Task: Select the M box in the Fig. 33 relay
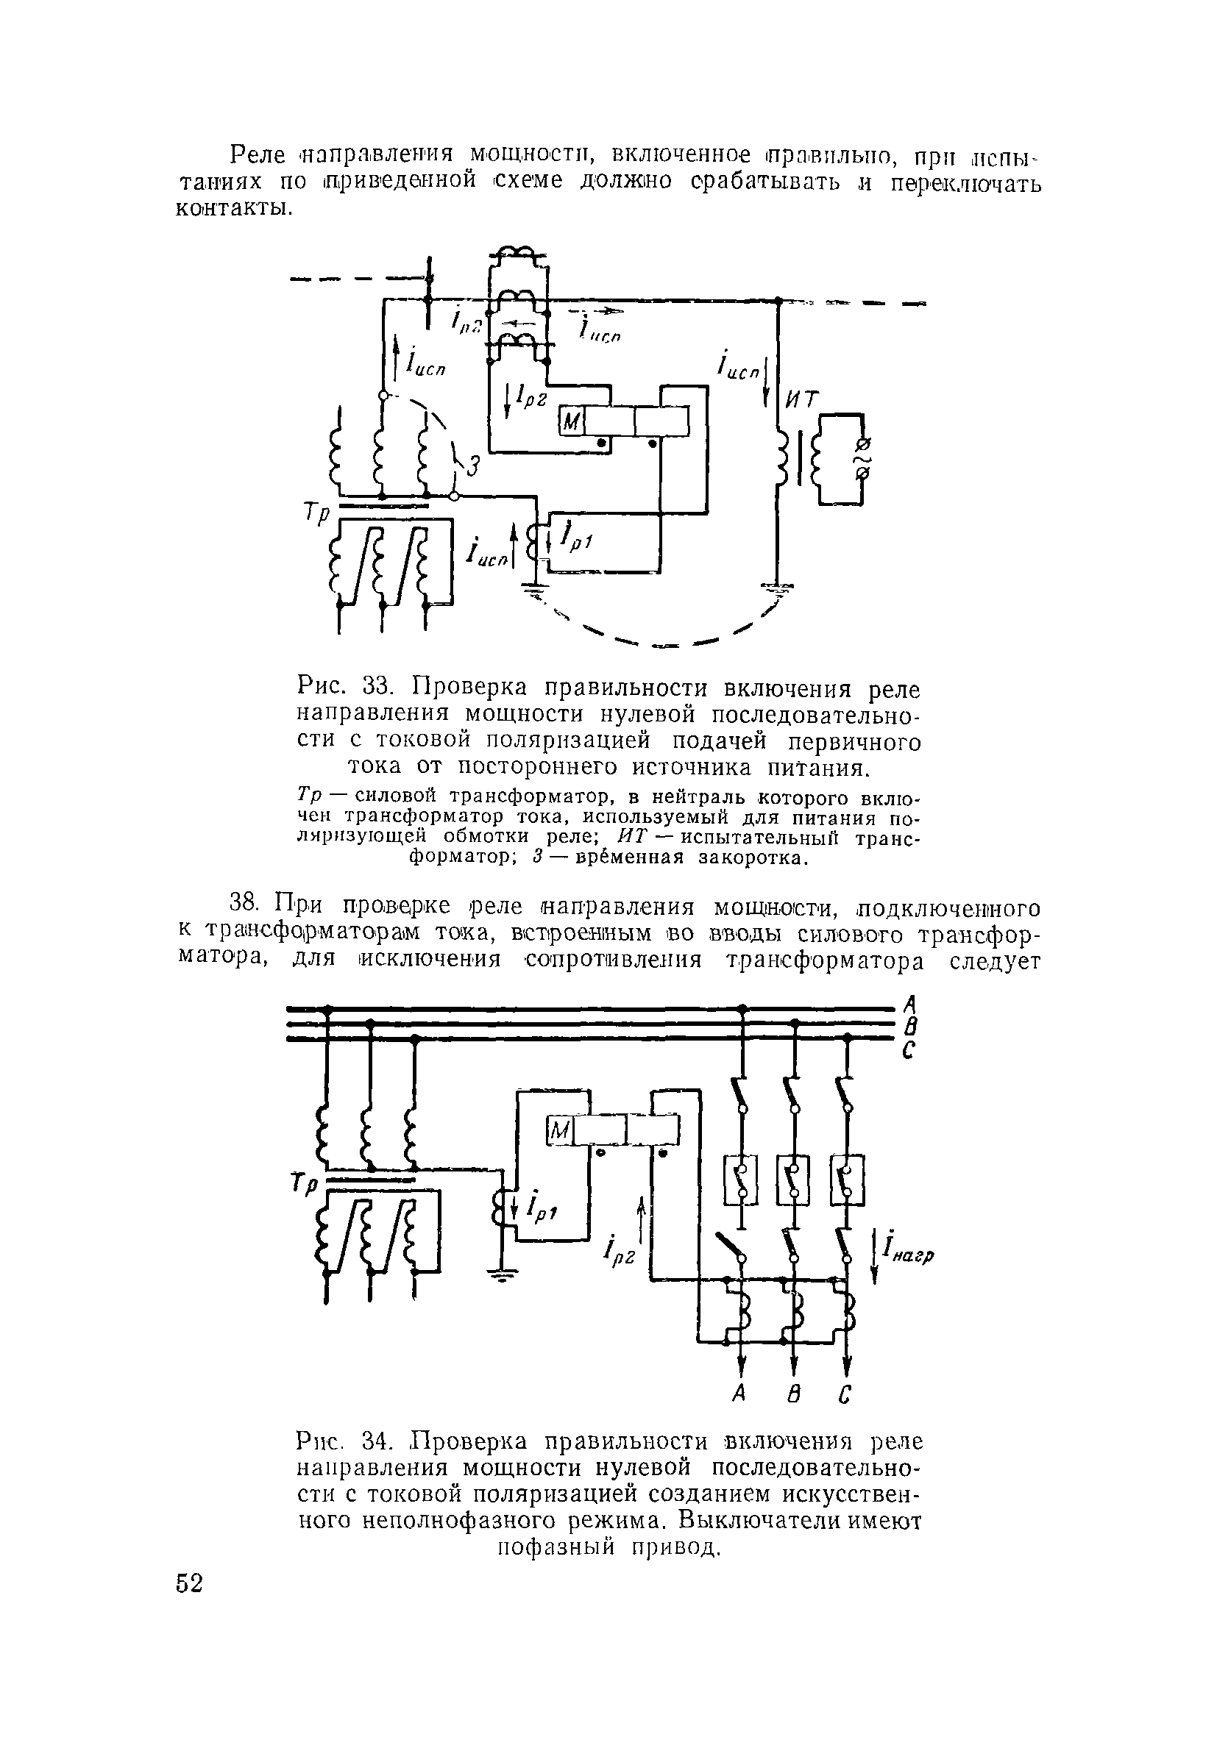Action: click(x=571, y=421)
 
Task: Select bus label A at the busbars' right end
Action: click(x=911, y=1005)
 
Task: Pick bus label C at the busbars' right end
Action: click(x=910, y=1051)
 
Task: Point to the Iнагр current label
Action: click(x=906, y=1252)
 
